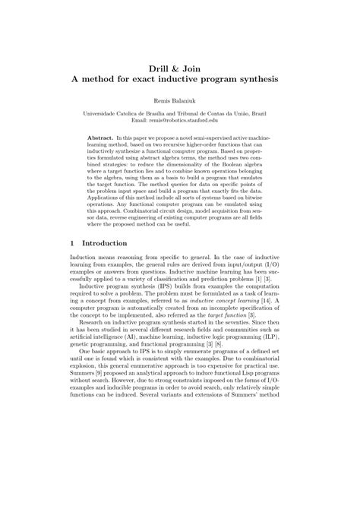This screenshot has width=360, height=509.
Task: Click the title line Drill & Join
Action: point(180,65)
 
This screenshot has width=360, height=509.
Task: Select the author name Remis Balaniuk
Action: point(180,100)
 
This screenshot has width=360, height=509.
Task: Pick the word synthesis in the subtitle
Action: point(255,77)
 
